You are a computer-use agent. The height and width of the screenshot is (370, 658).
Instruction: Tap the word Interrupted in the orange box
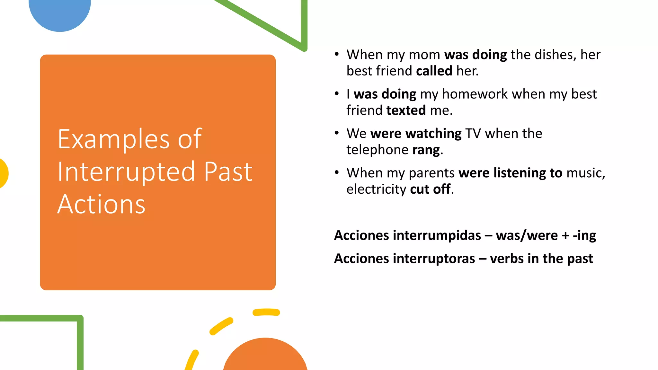[126, 172]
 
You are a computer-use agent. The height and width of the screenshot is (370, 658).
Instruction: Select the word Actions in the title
[101, 204]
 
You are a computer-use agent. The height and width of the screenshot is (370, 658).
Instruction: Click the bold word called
[434, 71]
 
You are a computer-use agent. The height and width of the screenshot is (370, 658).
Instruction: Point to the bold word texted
[406, 110]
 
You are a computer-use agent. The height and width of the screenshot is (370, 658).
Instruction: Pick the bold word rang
[426, 150]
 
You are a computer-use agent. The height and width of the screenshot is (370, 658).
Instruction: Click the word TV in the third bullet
[473, 133]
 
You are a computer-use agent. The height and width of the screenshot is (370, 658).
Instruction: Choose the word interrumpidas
[437, 235]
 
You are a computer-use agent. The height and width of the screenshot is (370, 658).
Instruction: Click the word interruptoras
[434, 259]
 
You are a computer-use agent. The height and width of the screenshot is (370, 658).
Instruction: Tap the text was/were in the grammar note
[527, 235]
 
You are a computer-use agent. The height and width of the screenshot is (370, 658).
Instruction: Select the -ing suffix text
[584, 235]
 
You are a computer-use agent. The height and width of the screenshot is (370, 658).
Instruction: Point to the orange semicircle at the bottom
[265, 357]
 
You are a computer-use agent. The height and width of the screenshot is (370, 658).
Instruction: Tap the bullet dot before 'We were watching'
[336, 133]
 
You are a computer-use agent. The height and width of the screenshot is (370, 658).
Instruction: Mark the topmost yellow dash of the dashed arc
[266, 312]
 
